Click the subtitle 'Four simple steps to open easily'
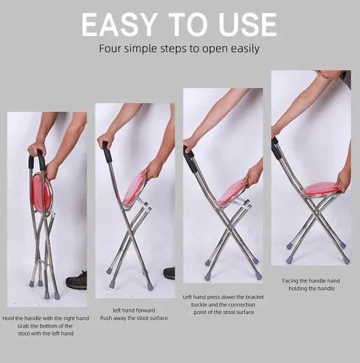click(179, 49)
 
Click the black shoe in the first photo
click(76, 280)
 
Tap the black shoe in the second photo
click(169, 273)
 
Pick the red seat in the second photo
click(134, 187)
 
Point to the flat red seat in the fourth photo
click(321, 188)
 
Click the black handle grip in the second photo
click(107, 153)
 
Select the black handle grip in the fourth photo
click(276, 147)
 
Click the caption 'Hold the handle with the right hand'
click(46, 318)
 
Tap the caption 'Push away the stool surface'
click(134, 318)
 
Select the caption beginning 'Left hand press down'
click(223, 297)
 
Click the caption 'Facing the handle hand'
click(310, 280)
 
